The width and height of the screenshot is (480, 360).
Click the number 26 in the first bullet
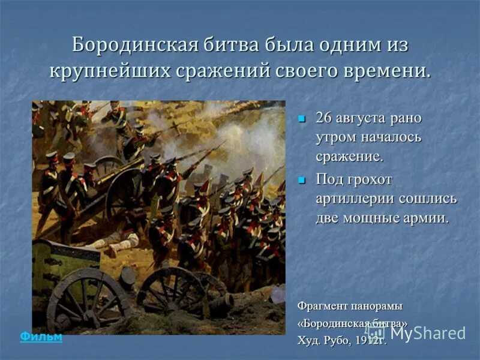point(324,118)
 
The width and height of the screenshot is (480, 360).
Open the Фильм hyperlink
point(41,337)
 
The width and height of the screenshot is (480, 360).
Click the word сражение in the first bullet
point(349,157)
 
